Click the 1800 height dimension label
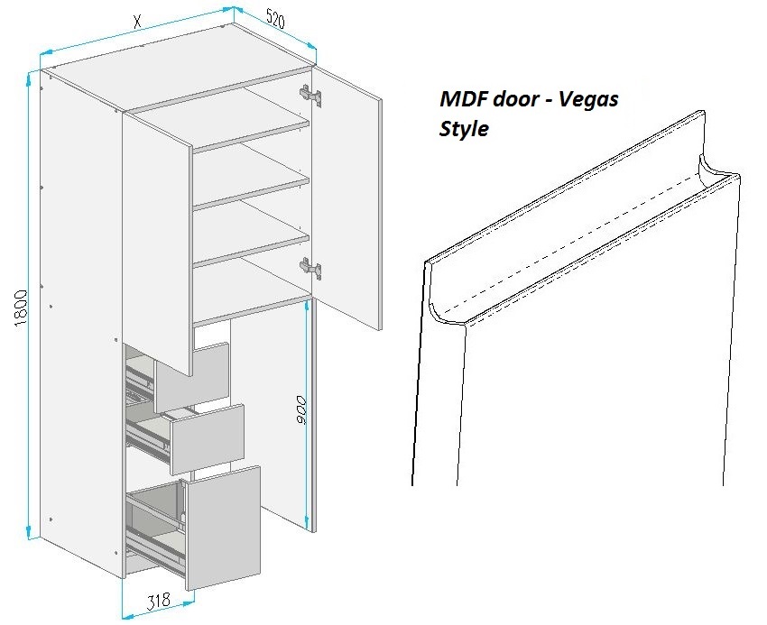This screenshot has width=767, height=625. click(x=21, y=308)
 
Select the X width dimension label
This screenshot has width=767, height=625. click(x=138, y=21)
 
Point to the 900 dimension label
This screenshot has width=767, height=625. click(x=300, y=410)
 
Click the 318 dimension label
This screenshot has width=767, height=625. click(x=159, y=601)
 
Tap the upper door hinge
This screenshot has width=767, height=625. click(x=310, y=95)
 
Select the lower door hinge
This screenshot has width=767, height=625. click(x=310, y=268)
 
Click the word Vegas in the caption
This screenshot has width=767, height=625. click(x=588, y=100)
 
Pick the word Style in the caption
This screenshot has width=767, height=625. click(x=464, y=129)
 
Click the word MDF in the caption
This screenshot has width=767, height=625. click(x=463, y=99)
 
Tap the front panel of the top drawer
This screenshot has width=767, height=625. click(x=192, y=377)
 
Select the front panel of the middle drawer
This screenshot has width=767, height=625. click(x=208, y=438)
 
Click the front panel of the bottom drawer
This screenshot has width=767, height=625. click(x=223, y=528)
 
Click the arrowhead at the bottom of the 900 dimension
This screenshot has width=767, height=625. click(x=307, y=520)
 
